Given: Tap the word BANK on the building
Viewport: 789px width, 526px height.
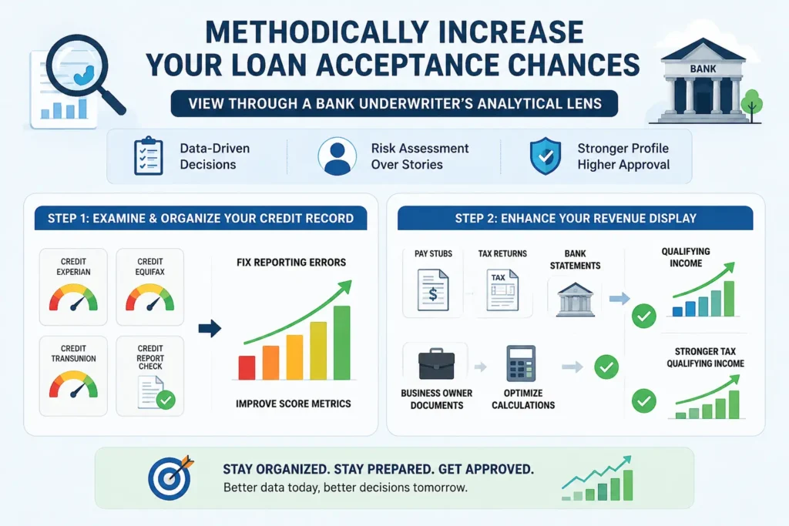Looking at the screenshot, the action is pos(703,69).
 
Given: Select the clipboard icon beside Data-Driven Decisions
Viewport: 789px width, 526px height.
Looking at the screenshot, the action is pos(149,156).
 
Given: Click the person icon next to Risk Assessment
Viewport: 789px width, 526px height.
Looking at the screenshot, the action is pos(337,156).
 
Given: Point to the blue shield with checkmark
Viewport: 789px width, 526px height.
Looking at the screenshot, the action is pos(546,156).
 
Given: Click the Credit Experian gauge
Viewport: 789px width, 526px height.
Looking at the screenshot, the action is pos(73,298).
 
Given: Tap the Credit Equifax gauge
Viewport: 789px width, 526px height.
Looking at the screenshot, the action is pos(150,298).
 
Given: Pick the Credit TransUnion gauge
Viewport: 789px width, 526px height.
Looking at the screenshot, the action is pos(73,385).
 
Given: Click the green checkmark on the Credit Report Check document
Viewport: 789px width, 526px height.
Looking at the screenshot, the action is pos(166,400).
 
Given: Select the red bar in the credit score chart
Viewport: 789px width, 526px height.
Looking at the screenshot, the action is pos(247,367).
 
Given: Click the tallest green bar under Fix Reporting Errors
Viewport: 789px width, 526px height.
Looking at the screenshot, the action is pos(341,343).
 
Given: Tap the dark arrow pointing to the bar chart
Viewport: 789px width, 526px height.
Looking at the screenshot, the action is pos(210,329).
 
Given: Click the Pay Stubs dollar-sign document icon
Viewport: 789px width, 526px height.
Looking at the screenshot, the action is pos(433,290).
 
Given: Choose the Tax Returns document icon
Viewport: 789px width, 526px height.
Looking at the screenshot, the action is pos(502,290).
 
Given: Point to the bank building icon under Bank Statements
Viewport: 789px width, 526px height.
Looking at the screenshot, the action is pos(575,300).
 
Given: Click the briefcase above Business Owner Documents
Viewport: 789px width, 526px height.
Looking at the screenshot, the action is pos(436,364).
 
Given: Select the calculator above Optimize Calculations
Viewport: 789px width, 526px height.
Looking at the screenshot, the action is pos(521,364).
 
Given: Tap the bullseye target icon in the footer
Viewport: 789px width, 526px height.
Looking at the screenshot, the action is pos(170,477).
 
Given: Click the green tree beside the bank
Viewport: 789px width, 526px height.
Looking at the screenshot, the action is pos(752,105).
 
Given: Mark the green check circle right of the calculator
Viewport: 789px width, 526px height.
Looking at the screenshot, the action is pos(606,367).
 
